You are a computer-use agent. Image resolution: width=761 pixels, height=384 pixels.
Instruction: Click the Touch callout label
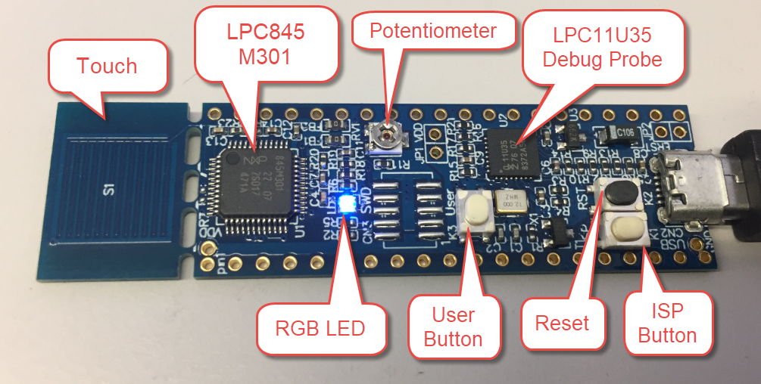(107, 67)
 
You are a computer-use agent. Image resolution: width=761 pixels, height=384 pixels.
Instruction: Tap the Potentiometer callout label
(432, 31)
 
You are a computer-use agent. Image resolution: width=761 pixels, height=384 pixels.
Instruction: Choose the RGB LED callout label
(320, 328)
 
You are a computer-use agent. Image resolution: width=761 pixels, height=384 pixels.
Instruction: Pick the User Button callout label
(454, 327)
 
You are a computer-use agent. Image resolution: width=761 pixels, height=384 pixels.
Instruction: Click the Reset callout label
(562, 324)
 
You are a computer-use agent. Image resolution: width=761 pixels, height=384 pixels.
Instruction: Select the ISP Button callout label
(667, 324)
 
